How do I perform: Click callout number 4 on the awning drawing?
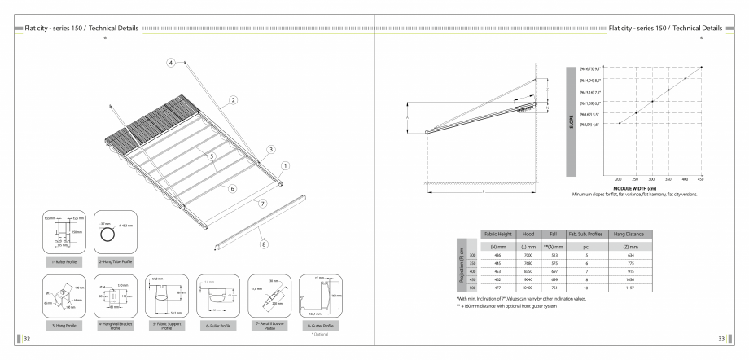171,62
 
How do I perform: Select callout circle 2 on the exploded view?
233,99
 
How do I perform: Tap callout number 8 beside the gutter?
264,243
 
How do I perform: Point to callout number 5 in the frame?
211,156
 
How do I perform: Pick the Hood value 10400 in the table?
527,288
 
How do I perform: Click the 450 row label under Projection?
471,279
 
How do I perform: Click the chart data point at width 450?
702,67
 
